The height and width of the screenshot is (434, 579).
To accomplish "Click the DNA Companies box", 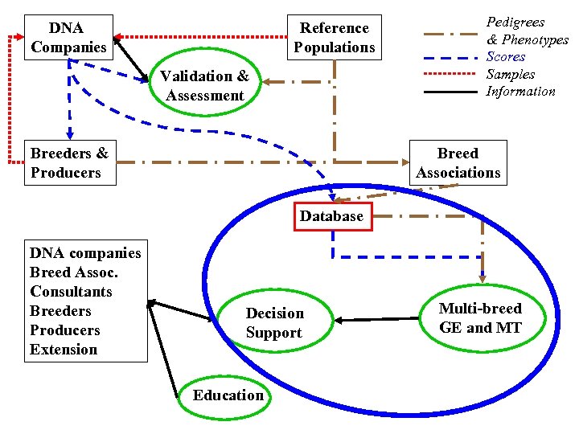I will tap(68, 38).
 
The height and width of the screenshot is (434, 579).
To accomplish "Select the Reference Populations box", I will tap(334, 38).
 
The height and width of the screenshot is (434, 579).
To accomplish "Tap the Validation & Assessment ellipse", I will tap(204, 86).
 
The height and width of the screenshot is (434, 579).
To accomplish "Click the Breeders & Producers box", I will tap(70, 162).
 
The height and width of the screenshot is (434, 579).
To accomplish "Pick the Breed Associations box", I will tap(458, 162).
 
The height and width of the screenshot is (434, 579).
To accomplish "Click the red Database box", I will tap(331, 216).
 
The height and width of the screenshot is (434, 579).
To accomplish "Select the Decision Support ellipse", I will tap(274, 323).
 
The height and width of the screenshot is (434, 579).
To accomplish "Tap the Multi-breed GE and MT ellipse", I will tap(480, 318).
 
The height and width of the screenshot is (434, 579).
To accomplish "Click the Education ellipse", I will tap(228, 395).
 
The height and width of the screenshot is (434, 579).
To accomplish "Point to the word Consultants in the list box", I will tap(71, 292).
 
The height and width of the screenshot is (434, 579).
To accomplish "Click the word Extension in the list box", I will tap(64, 350).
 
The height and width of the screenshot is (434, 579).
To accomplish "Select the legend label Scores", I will tap(506, 57).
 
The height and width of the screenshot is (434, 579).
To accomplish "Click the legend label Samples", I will tap(511, 74).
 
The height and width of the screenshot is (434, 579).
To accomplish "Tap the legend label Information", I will tap(520, 92).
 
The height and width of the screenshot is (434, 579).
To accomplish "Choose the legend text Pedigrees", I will tap(515, 23).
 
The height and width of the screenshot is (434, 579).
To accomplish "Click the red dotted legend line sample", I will tap(450, 75).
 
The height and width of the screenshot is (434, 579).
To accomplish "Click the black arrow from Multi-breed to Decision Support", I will tap(378, 319).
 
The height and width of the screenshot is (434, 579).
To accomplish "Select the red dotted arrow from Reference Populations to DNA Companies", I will tap(201, 36).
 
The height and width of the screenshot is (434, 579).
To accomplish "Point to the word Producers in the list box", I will tap(65, 330).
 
